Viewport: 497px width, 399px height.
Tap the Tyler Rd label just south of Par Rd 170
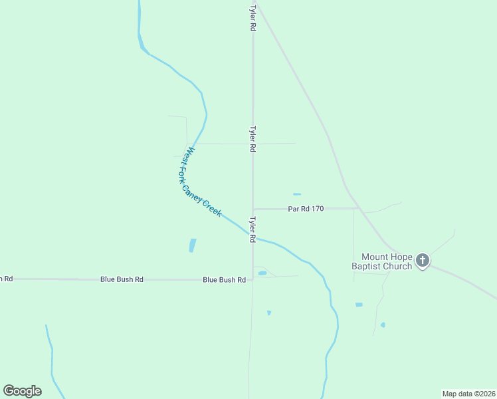point(252,229)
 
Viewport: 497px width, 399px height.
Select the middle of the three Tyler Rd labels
point(252,140)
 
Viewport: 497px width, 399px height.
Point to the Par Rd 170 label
point(306,209)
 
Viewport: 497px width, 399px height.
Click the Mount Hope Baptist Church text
point(387,261)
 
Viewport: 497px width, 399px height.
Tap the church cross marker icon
point(423,261)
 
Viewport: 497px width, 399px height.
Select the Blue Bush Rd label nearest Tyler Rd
point(224,281)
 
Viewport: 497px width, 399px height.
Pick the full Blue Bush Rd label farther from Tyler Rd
point(122,279)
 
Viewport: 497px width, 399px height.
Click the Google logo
point(23,391)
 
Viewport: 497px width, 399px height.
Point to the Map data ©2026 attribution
point(468,394)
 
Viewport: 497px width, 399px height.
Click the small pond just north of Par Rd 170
point(297,194)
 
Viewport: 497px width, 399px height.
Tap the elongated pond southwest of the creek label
point(193,245)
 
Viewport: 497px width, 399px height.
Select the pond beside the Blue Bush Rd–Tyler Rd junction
point(262,273)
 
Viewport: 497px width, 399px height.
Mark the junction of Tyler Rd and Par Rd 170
point(252,209)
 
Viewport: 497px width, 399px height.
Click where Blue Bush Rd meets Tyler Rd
point(252,280)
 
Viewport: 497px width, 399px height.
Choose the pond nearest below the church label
point(359,305)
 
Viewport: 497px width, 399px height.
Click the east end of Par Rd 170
point(359,208)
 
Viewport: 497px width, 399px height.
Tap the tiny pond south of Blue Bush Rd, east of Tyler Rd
point(269,313)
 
